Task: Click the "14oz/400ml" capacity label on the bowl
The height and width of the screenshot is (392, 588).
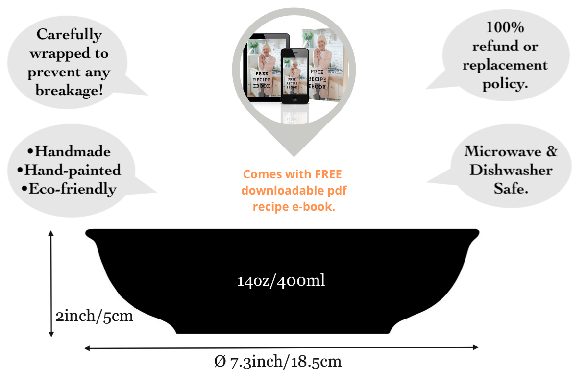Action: pos(281,281)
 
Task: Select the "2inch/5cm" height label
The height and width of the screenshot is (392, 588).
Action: pos(95,316)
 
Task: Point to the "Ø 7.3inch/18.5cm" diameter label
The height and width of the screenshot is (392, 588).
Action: pos(278,362)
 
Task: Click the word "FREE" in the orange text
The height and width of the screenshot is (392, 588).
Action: pos(328,174)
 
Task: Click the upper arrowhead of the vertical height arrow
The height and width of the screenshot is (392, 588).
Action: pos(51,234)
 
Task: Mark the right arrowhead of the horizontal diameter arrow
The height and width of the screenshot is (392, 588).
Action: pos(475,347)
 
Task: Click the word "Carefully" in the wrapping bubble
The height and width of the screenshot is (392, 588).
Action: pos(69,35)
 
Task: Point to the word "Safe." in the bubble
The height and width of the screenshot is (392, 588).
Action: pos(511,189)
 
